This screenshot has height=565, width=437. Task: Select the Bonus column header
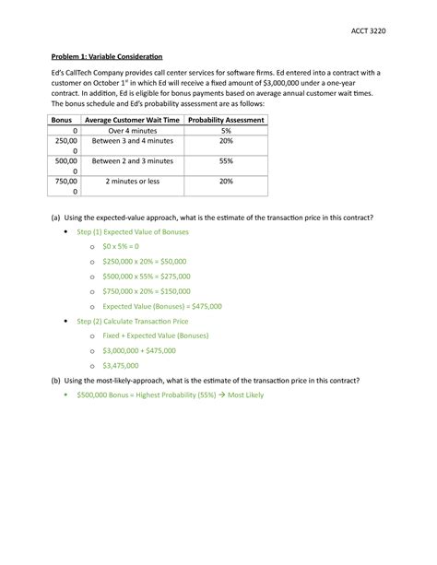(62, 121)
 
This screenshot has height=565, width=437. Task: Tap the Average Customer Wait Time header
(133, 121)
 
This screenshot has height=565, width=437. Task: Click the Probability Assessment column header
(226, 121)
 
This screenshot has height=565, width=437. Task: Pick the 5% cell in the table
(226, 132)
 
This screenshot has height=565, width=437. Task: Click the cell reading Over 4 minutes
(133, 132)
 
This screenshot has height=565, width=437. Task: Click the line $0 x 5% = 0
(121, 247)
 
